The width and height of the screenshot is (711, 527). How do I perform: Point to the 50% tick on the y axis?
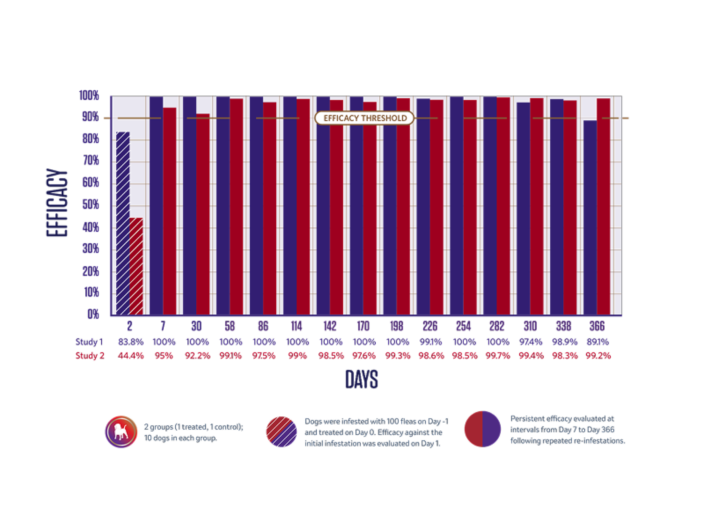click(x=91, y=204)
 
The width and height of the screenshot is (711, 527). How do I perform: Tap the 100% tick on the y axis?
click(x=89, y=95)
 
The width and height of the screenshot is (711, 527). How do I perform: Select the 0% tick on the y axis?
click(x=93, y=313)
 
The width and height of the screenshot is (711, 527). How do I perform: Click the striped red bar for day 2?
click(x=136, y=266)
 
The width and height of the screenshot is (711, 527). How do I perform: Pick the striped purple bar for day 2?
click(x=123, y=222)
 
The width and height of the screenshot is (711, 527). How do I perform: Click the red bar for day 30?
click(x=203, y=214)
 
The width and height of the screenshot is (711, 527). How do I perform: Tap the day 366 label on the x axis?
click(x=597, y=326)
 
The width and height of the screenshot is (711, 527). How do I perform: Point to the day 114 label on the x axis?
click(x=296, y=326)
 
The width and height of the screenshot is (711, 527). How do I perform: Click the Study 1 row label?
click(x=89, y=342)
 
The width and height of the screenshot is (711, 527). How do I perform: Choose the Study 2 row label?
click(x=90, y=356)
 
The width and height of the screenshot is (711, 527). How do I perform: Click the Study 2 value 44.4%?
click(x=131, y=356)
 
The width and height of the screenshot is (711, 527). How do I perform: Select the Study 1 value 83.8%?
click(x=131, y=342)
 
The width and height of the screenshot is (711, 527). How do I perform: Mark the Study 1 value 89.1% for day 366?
click(x=598, y=342)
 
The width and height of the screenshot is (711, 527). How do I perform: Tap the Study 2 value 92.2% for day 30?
click(x=198, y=356)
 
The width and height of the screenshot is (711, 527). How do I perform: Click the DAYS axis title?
click(x=362, y=379)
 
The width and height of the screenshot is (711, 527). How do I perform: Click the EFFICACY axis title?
click(x=57, y=203)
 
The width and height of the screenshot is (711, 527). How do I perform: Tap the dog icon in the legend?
click(x=121, y=432)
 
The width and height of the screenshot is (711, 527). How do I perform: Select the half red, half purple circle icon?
click(x=482, y=429)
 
